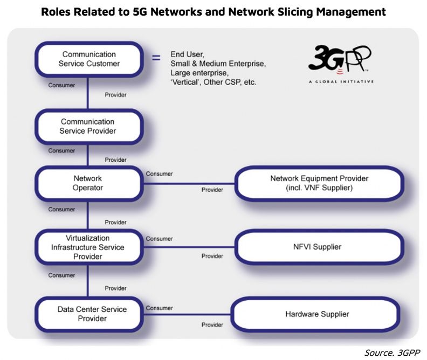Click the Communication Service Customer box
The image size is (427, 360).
89,59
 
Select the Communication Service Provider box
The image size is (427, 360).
88,127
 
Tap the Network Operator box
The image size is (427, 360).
88,183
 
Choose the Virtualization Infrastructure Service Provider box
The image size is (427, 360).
88,247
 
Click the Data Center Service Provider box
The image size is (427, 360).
88,314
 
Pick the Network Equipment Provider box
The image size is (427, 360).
319,183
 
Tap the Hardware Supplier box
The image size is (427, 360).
315,314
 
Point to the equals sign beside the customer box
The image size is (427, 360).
156,58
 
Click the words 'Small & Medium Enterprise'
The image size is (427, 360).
218,64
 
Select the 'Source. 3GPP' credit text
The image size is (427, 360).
392,352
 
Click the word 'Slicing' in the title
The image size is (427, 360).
295,12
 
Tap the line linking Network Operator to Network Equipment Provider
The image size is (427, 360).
189,184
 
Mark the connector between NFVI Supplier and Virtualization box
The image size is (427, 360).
189,247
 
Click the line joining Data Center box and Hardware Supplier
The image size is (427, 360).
187,315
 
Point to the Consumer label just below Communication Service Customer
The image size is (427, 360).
61,85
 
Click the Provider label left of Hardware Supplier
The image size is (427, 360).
212,324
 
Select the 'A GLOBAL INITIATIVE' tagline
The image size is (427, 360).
341,81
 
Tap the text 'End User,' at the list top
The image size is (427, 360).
188,54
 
